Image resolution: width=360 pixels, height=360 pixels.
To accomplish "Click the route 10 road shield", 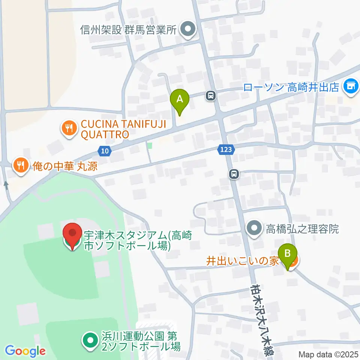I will pos(105,151).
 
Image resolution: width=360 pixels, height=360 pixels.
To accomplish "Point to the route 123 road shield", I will pos(226,150).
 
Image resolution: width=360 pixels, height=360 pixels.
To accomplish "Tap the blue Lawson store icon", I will pos(351,87).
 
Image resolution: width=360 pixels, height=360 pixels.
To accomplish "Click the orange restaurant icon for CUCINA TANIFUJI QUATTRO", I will pos(69,129).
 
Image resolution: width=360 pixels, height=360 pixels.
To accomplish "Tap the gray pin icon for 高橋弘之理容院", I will pos(255,228).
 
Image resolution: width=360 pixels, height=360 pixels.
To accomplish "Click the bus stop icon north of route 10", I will pos(211,96).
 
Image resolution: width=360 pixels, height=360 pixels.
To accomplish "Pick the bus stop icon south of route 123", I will pos(234,174).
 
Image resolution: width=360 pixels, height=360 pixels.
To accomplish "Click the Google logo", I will pos(25,351).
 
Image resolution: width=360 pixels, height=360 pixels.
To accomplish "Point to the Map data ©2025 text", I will pos(328,354).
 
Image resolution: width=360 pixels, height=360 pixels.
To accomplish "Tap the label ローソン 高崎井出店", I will pos(291,88).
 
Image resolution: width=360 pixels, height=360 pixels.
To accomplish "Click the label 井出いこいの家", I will pos(243,261).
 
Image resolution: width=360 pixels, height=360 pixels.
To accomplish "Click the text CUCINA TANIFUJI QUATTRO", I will pos(105,129).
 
